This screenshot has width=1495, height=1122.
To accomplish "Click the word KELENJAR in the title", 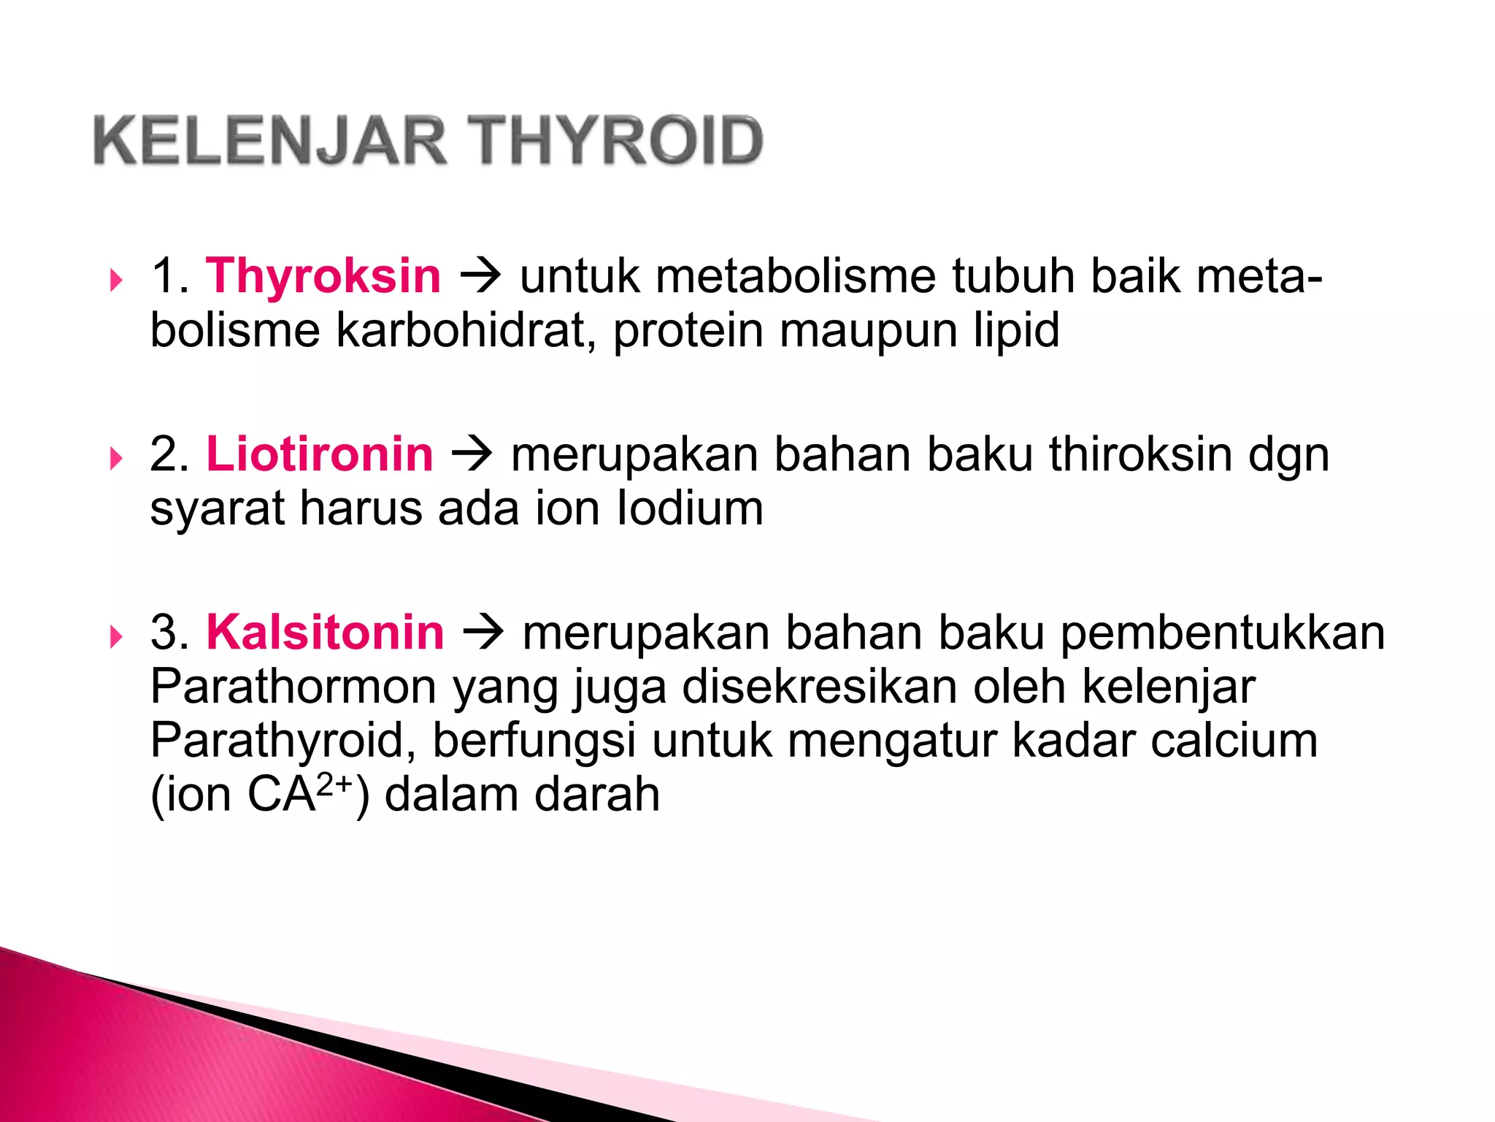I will tap(270, 140).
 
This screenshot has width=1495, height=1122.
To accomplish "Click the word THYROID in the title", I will tap(616, 140).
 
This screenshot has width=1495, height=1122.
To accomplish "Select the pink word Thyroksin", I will tap(323, 276).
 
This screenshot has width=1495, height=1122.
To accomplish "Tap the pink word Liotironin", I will tap(320, 454).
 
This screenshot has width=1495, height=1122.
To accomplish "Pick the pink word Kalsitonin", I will tap(325, 633).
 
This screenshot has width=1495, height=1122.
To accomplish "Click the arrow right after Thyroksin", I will tap(480, 276).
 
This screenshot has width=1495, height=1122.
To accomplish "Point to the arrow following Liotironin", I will tap(472, 454).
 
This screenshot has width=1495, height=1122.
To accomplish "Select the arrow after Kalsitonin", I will tap(483, 633).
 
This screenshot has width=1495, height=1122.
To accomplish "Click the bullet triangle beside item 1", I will tap(116, 280).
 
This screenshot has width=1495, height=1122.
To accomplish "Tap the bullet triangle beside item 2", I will tap(116, 459).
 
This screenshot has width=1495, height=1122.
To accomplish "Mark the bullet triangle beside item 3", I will tap(116, 636).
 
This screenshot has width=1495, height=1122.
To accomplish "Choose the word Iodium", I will tap(690, 508).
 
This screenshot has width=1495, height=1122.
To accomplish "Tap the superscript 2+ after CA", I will tap(335, 785).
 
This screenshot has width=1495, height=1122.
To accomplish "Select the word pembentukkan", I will tap(1222, 633).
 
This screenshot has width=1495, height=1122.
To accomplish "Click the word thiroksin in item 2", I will tap(1140, 454).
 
